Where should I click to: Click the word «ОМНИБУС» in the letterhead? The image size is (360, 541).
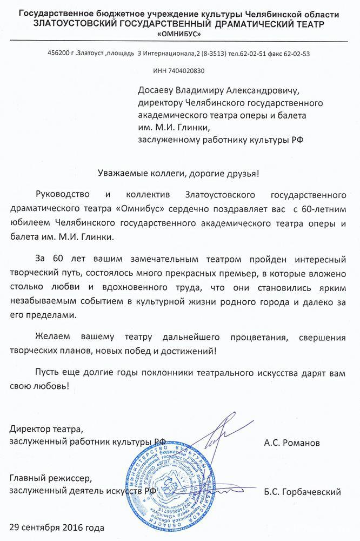[x=179, y=34]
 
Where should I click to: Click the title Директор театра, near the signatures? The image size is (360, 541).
[x=47, y=430]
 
